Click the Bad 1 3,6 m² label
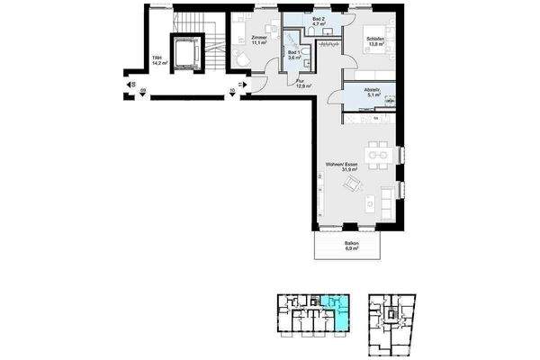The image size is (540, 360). [293, 55]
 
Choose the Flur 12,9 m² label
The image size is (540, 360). [303, 82]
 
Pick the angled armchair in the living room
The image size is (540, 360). [355, 186]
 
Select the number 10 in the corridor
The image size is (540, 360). [232, 90]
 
